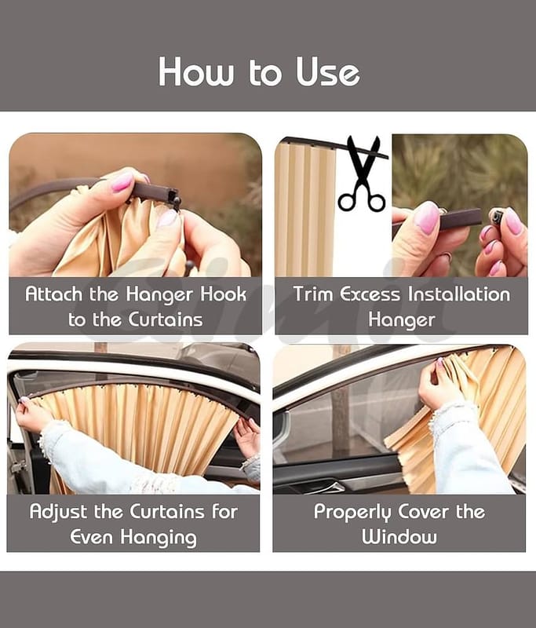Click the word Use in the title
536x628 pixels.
tap(327, 71)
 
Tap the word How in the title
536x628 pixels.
tap(195, 71)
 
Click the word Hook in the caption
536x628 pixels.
tap(224, 294)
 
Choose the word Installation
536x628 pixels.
tap(459, 294)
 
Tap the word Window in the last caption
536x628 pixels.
tap(399, 537)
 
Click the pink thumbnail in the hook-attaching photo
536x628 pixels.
tap(122, 182)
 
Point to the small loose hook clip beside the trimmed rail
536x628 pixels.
tap(497, 217)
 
